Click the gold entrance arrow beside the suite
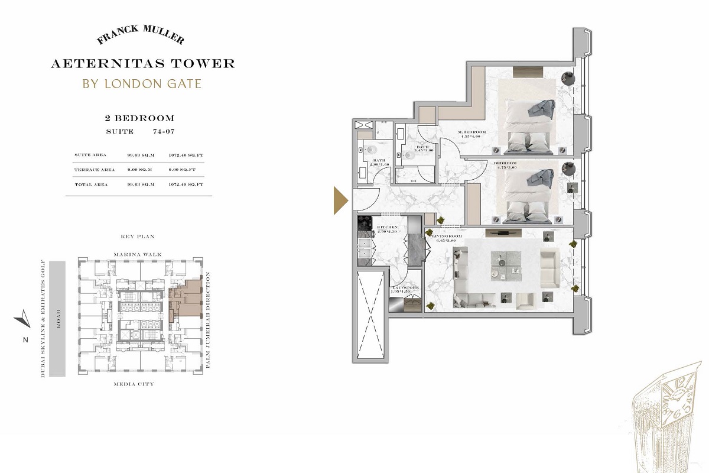click(340, 200)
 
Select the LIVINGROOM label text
click(450, 237)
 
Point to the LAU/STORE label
click(405, 289)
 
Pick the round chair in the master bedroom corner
click(567, 77)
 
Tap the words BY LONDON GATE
click(142, 83)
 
